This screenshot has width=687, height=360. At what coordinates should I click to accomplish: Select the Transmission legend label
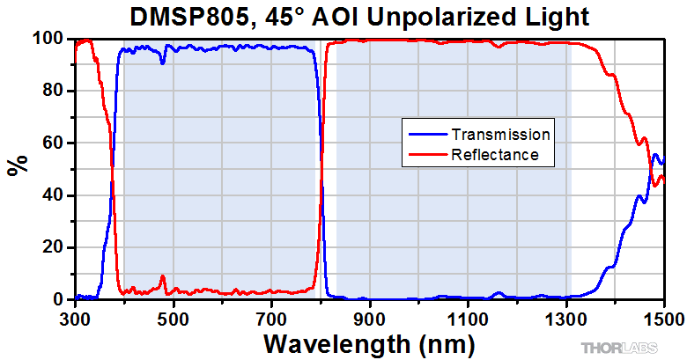point(500,135)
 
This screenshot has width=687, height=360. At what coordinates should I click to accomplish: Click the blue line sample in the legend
point(426,135)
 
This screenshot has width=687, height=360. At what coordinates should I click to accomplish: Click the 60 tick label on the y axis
point(55,143)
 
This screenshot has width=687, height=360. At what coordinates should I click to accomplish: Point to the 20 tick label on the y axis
point(55,247)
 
